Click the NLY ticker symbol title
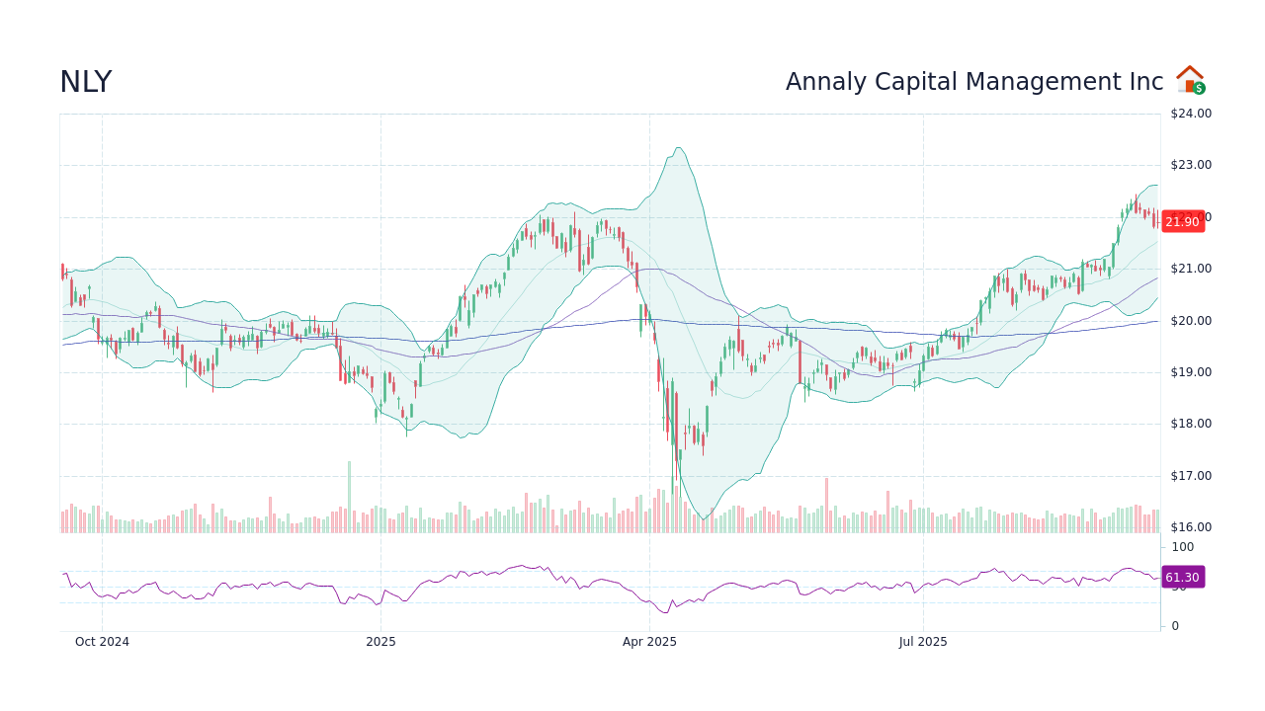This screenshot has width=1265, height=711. [x=85, y=83]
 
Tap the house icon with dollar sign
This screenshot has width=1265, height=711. [x=1191, y=80]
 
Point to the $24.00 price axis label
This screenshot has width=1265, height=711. [x=1190, y=114]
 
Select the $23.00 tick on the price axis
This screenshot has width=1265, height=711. [x=1190, y=165]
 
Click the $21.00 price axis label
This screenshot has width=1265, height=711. [x=1190, y=269]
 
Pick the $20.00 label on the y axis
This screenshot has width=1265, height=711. [x=1190, y=321]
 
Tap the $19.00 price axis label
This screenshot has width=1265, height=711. [x=1190, y=372]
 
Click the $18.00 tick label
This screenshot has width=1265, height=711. [x=1190, y=424]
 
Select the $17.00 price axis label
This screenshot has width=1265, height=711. [x=1190, y=476]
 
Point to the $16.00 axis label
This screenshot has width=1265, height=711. [x=1190, y=527]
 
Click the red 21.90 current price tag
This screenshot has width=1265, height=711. [x=1182, y=222]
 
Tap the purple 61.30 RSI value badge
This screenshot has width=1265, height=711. [x=1182, y=578]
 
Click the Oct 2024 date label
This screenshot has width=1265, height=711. [x=102, y=642]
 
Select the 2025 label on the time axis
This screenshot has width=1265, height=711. [x=380, y=642]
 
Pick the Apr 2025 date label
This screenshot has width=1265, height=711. [x=649, y=642]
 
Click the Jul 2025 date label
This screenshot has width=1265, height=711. [x=923, y=642]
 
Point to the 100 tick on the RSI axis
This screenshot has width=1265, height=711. [x=1183, y=547]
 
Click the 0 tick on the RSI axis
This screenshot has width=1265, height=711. [x=1175, y=626]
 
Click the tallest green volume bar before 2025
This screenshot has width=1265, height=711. [x=349, y=498]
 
